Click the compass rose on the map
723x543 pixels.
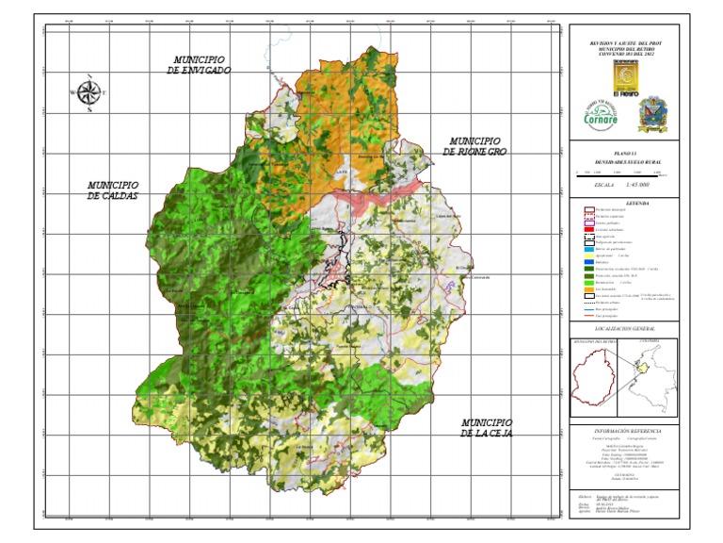pos(89,92)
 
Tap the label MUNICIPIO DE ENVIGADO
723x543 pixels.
pos(199,65)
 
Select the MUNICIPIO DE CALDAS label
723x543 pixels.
pos(113,190)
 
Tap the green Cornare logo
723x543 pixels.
pos(599,115)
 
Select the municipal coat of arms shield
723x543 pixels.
pos(655,115)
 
